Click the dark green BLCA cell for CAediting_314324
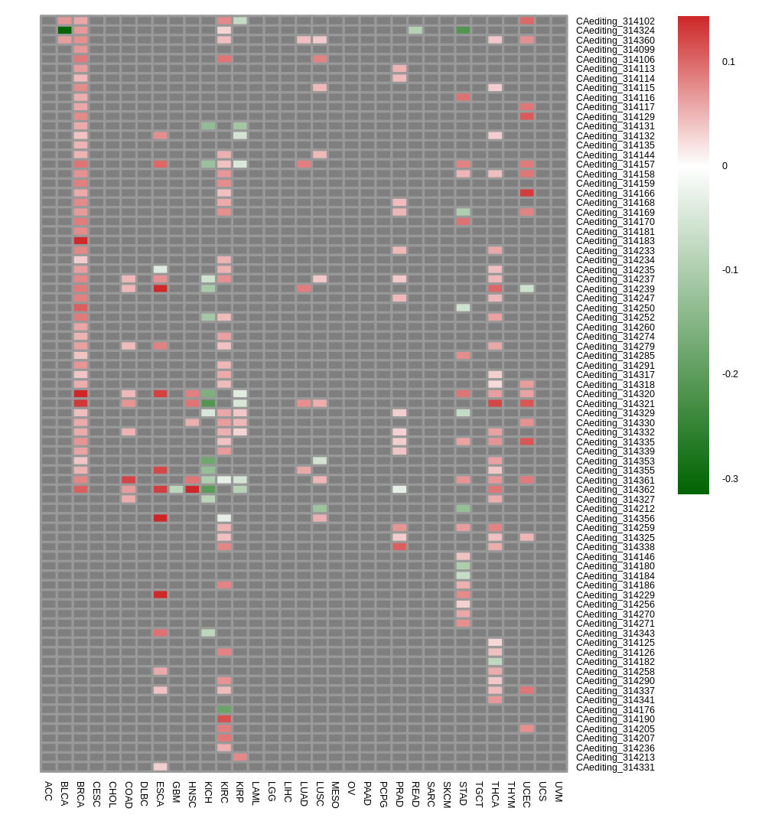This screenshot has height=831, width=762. pyautogui.click(x=65, y=30)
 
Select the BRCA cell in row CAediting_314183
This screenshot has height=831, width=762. pyautogui.click(x=80, y=240)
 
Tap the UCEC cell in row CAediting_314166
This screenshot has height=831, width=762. pyautogui.click(x=526, y=193)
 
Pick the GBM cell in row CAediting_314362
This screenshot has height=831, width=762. pyautogui.click(x=177, y=489)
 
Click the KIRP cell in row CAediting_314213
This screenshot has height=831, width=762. pyautogui.click(x=240, y=758)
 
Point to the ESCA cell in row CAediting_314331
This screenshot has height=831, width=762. pyautogui.click(x=160, y=767)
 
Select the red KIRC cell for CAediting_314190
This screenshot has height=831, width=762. pyautogui.click(x=224, y=719)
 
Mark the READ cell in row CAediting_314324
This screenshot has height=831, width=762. pyautogui.click(x=415, y=30)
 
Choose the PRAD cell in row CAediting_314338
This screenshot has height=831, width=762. pyautogui.click(x=399, y=547)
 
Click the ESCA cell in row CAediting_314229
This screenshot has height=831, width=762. pyautogui.click(x=160, y=595)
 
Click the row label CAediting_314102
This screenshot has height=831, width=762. pyautogui.click(x=615, y=21)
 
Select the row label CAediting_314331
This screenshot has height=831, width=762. pyautogui.click(x=615, y=767)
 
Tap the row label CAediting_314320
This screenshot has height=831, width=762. pyautogui.click(x=615, y=394)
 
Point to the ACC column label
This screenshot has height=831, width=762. pyautogui.click(x=49, y=790)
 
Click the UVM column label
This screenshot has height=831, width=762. pyautogui.click(x=558, y=791)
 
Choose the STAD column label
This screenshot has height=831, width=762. pyautogui.click(x=463, y=794)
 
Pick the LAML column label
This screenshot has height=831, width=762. pyautogui.click(x=256, y=794)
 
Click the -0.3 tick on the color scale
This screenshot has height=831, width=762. pyautogui.click(x=730, y=479)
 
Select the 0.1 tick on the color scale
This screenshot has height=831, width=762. pyautogui.click(x=728, y=62)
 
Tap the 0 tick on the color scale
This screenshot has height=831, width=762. pyautogui.click(x=725, y=166)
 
